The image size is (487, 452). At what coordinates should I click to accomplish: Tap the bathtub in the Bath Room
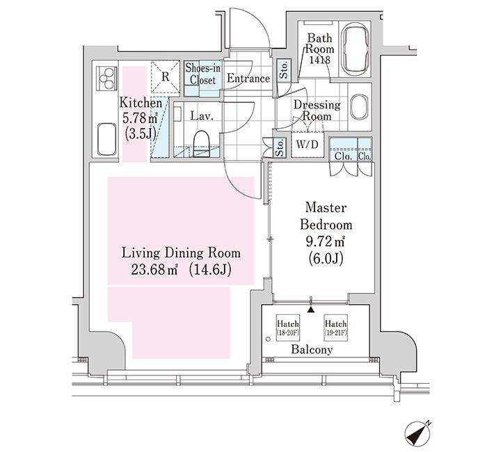[356, 49]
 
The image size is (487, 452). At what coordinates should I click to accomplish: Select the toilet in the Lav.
[201, 143]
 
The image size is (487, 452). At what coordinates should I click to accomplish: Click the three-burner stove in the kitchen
[107, 78]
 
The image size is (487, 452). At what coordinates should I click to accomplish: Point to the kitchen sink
[107, 139]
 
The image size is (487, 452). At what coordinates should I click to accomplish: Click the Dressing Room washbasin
[360, 106]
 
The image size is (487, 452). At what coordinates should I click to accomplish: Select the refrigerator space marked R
[166, 76]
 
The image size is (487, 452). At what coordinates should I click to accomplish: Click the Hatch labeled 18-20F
[288, 328]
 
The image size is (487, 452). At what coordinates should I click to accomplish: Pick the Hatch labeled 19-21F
[335, 328]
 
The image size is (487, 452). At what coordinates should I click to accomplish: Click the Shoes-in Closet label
[203, 74]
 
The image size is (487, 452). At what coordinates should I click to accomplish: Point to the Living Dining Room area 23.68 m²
[154, 270]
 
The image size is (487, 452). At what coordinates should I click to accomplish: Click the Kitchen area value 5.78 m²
[141, 118]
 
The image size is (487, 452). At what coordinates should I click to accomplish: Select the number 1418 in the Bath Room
[319, 60]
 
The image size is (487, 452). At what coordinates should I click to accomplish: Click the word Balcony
[312, 350]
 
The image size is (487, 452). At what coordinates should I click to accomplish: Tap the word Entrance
[248, 78]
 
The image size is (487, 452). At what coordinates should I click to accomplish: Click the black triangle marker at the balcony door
[310, 310]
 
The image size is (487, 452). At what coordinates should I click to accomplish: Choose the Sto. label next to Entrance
[283, 70]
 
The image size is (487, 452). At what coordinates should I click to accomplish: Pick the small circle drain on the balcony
[268, 339]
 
